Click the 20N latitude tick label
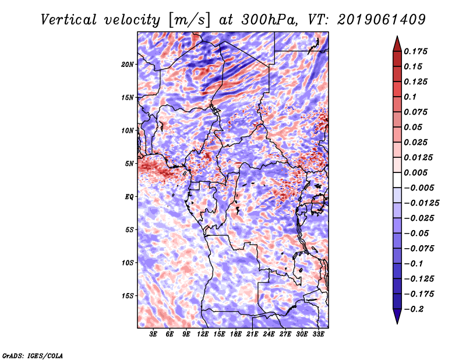click(x=128, y=64)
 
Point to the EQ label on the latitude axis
click(x=130, y=197)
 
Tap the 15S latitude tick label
click(x=128, y=296)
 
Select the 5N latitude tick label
click(x=129, y=164)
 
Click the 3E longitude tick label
click(x=153, y=335)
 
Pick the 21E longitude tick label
click(x=252, y=335)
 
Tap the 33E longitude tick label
click(x=318, y=335)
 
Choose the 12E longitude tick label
click(x=203, y=335)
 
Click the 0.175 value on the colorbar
click(x=416, y=52)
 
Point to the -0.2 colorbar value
click(x=416, y=309)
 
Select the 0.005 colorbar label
click(x=416, y=173)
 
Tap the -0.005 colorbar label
click(x=419, y=188)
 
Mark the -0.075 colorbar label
click(x=419, y=248)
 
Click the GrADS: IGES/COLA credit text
click(x=33, y=355)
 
